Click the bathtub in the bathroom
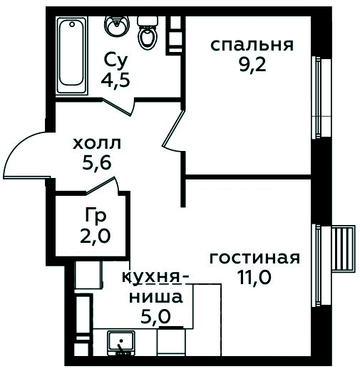click(x=72, y=56)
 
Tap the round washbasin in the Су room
click(x=117, y=26)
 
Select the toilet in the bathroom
click(x=148, y=33)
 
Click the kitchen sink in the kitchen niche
click(x=121, y=343)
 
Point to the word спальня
click(x=252, y=45)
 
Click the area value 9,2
click(x=252, y=65)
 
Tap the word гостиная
click(x=254, y=258)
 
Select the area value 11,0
click(x=254, y=278)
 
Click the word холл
click(x=97, y=144)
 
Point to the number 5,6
click(x=97, y=163)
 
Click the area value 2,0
click(x=96, y=236)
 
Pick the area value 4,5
click(x=115, y=80)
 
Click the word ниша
click(x=156, y=297)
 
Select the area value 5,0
click(x=155, y=317)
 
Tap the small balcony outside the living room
click(x=343, y=249)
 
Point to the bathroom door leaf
click(x=117, y=107)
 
